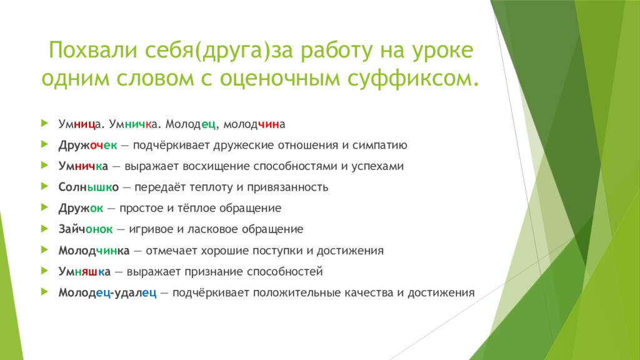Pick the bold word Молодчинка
pyautogui.click(x=94, y=250)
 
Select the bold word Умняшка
pyautogui.click(x=84, y=271)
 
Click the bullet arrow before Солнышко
pyautogui.click(x=44, y=186)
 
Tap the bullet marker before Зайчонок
pyautogui.click(x=44, y=228)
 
